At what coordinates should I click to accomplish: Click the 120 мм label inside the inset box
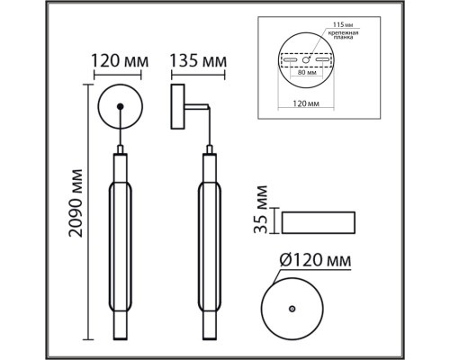point(308,105)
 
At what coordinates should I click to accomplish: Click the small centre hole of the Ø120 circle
point(291,308)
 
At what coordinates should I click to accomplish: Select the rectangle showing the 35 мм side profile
point(320,220)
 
